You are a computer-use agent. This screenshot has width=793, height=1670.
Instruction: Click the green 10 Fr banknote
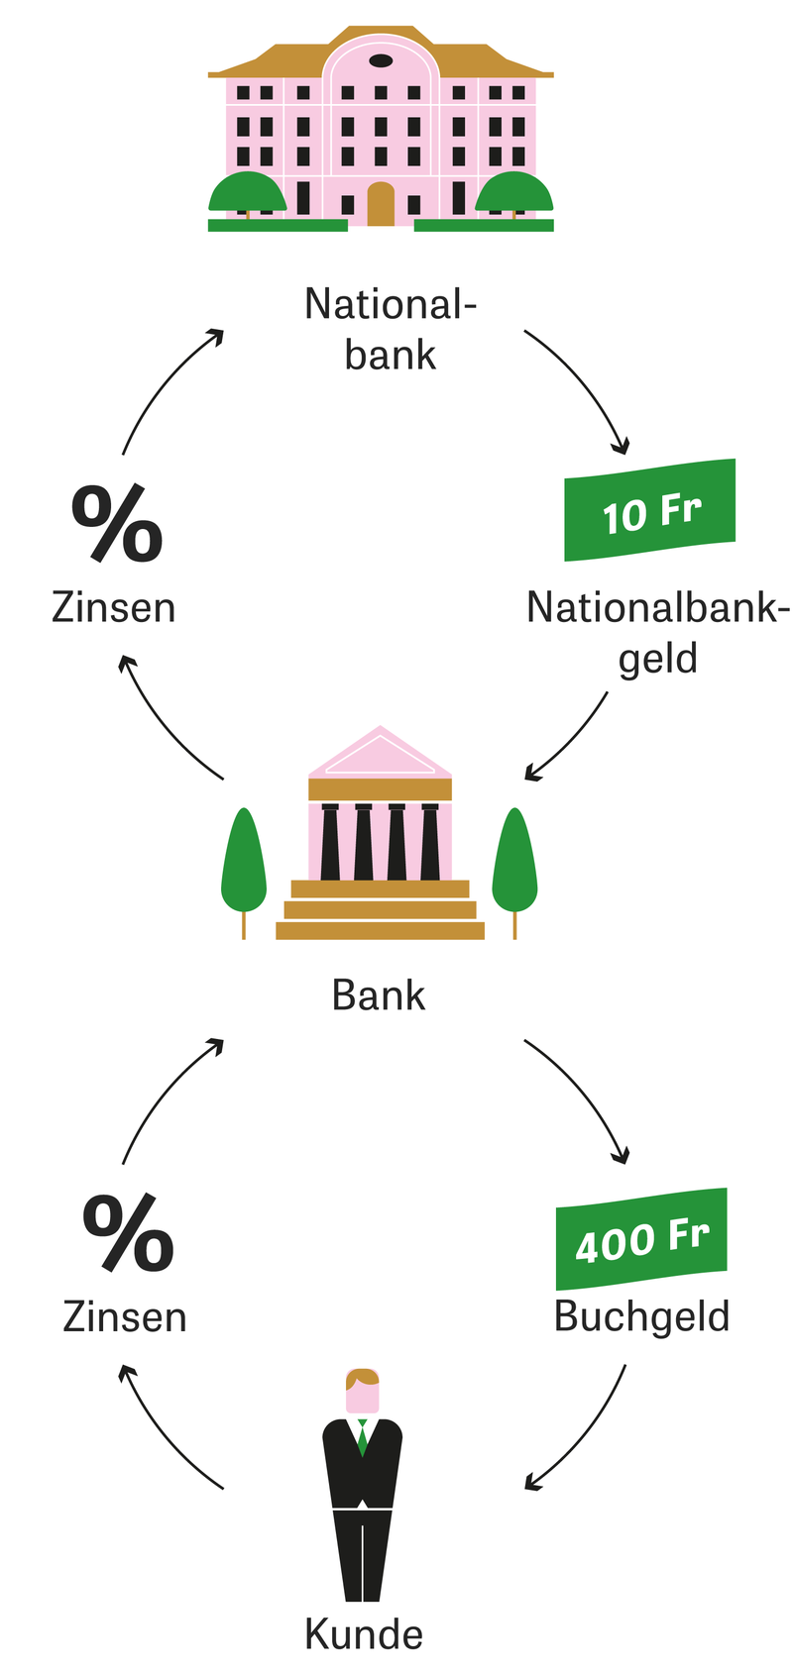pos(650,510)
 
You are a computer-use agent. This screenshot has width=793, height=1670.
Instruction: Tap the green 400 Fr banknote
pos(641,1238)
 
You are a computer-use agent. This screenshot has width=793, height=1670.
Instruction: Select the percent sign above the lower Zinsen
pos(128,1233)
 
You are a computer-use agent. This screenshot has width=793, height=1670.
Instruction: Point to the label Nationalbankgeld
pos(657,632)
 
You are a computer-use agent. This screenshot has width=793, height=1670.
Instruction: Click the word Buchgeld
pos(641,1316)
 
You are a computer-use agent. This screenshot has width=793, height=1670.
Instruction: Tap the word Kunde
pos(364,1633)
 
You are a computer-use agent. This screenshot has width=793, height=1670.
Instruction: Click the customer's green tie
pos(363,1435)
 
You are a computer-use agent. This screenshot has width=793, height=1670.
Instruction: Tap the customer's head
pos(363,1391)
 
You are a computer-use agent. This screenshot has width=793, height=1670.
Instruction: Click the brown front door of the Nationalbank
pos(381,204)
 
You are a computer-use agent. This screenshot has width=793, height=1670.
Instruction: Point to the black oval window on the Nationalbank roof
pos(381,61)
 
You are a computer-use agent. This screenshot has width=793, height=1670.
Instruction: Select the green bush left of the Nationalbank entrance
pos(247,192)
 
